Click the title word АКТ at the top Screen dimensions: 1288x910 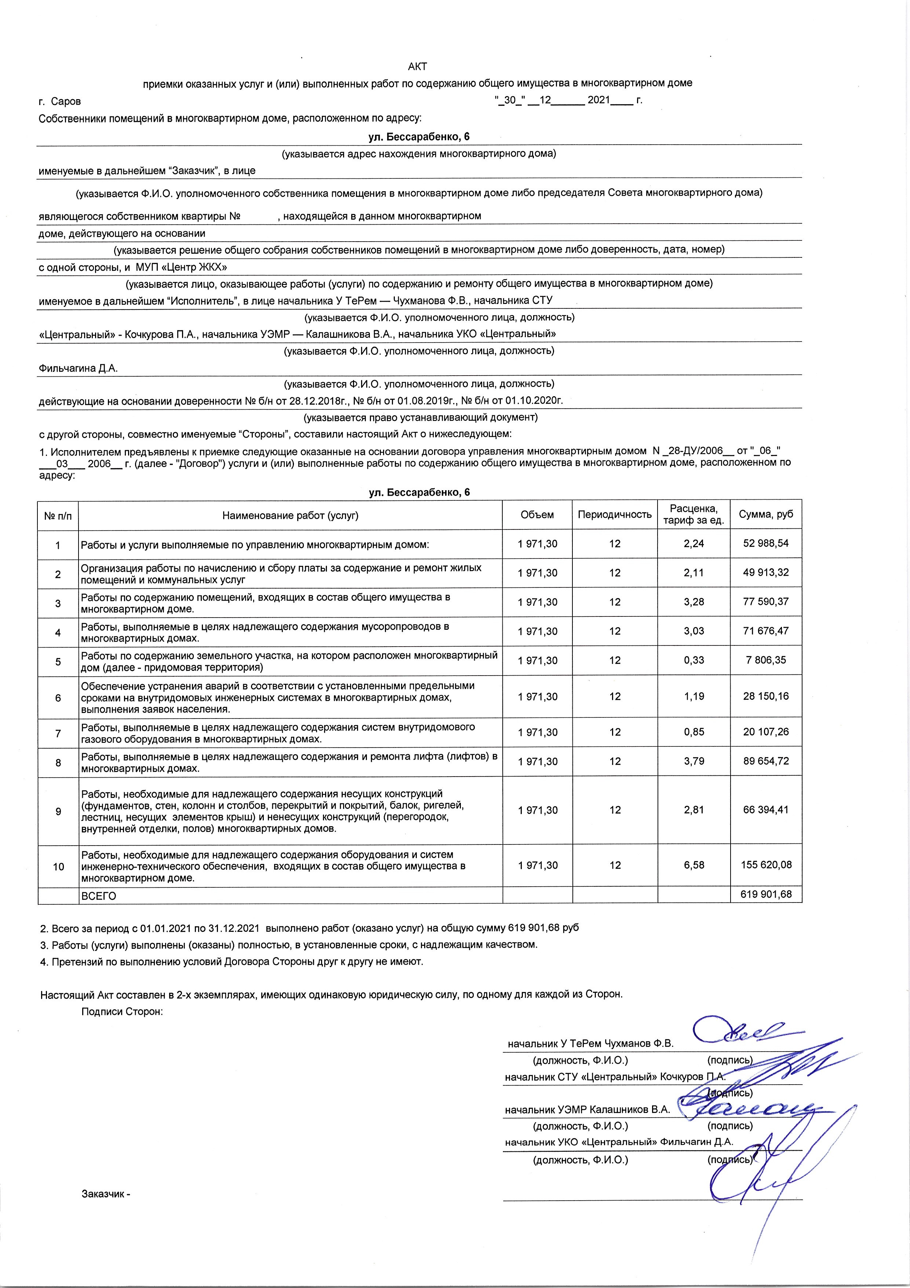click(x=417, y=67)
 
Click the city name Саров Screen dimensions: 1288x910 click(x=66, y=102)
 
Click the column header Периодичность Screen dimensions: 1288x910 click(x=615, y=514)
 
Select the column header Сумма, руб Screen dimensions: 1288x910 click(x=765, y=514)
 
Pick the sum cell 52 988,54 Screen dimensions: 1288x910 click(x=765, y=544)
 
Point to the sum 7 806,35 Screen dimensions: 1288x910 click(x=765, y=660)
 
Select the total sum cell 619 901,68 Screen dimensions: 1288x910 click(x=765, y=894)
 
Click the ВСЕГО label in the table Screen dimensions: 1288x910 click(x=99, y=896)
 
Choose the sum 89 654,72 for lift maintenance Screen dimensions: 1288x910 click(x=765, y=761)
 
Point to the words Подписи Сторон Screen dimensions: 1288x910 click(x=122, y=1012)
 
